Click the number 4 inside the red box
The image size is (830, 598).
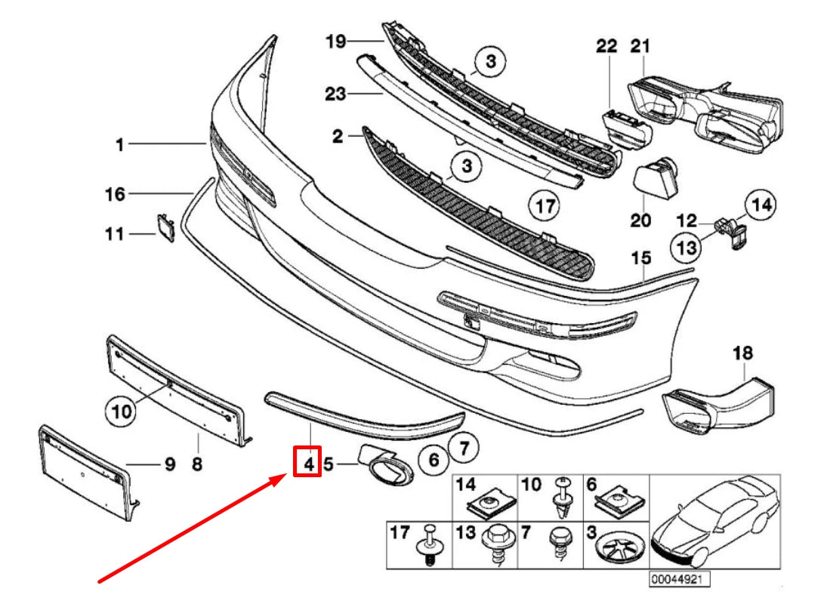point(308,463)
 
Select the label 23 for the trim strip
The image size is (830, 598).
point(335,94)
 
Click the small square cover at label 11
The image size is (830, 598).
point(165,227)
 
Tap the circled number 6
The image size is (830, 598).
point(434,459)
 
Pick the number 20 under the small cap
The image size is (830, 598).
point(640,221)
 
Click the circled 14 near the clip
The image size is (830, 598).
point(761,204)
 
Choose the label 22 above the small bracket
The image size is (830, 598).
point(606,46)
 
